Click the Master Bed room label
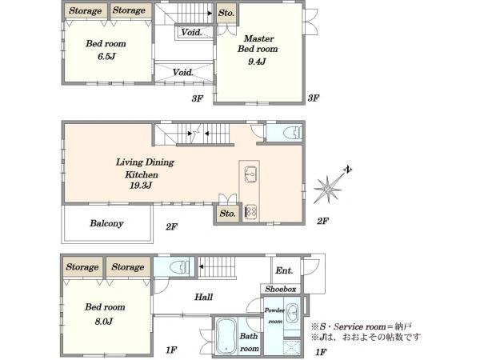[x=258, y=44]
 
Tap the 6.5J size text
[x=106, y=57]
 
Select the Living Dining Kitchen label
[x=145, y=168]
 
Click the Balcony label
[x=106, y=223]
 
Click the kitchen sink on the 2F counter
[x=251, y=174]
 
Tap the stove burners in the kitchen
[x=250, y=211]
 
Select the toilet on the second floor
[x=292, y=133]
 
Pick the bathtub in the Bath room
[x=226, y=337]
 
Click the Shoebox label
[x=281, y=289]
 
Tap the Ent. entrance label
[x=284, y=270]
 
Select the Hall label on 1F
[x=203, y=297]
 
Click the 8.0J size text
[x=104, y=322]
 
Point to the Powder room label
[x=274, y=316]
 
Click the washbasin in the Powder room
[x=292, y=313]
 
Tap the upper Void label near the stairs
[x=192, y=32]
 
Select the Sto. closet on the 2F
[x=227, y=214]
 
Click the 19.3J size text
[x=141, y=186]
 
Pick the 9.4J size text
[x=257, y=62]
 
